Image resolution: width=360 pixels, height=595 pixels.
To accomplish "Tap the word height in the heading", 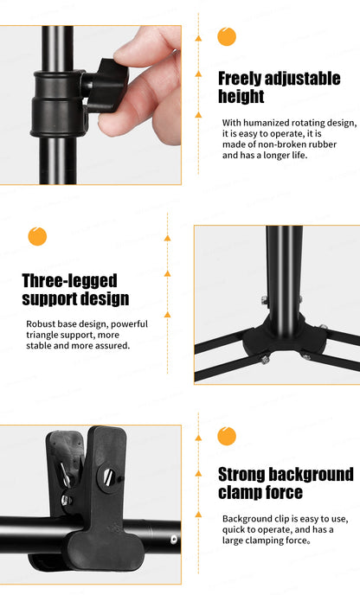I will pos(241,97).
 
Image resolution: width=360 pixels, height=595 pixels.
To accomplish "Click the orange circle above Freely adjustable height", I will pos(227,36).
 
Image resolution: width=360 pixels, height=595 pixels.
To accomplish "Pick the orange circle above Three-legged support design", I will pos(37,236).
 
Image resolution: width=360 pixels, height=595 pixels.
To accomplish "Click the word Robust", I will pos(42,323).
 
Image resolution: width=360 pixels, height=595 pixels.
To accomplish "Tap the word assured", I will pos(111,345).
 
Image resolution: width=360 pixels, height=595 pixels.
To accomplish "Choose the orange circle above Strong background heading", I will pos(227,436).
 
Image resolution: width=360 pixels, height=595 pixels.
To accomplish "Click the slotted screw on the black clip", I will pos(110,473).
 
